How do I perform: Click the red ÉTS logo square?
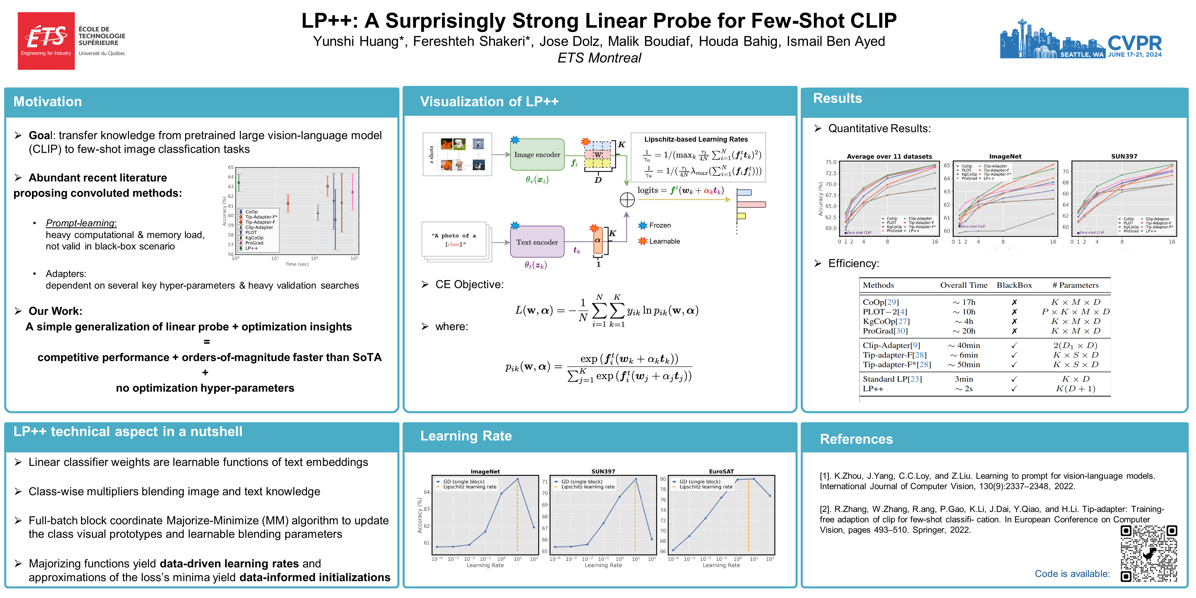pyautogui.click(x=46, y=41)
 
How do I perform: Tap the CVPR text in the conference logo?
pyautogui.click(x=1134, y=43)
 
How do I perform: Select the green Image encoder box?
pyautogui.click(x=537, y=155)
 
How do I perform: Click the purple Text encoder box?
pyautogui.click(x=537, y=242)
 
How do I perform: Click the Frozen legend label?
pyautogui.click(x=660, y=226)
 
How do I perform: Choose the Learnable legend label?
pyautogui.click(x=664, y=241)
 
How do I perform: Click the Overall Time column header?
pyautogui.click(x=963, y=285)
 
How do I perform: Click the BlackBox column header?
pyautogui.click(x=1014, y=285)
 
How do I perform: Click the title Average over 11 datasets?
pyautogui.click(x=889, y=157)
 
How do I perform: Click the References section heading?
pyautogui.click(x=856, y=439)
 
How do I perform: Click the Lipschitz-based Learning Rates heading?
pyautogui.click(x=696, y=139)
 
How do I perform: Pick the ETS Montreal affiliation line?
pyautogui.click(x=599, y=58)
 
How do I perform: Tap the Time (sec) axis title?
pyautogui.click(x=297, y=264)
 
